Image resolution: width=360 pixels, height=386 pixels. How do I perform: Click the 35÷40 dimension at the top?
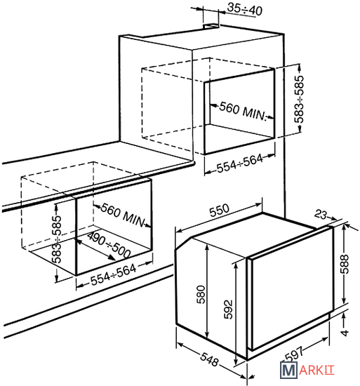point(245,9)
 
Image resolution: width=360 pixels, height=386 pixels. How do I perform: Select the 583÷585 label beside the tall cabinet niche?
point(300,99)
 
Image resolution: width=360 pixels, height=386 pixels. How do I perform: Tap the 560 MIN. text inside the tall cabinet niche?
point(243,112)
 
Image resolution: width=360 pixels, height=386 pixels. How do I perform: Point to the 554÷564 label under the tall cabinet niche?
point(240,164)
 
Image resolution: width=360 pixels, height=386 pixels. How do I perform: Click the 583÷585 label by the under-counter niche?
point(57,239)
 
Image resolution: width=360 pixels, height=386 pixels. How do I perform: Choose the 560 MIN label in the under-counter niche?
point(122,215)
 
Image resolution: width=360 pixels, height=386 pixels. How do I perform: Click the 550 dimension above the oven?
point(219,210)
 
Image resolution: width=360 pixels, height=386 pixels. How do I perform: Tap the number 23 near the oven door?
point(321,215)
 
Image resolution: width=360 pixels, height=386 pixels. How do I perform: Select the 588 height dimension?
point(345,264)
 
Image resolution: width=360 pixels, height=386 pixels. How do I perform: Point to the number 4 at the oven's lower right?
point(345,333)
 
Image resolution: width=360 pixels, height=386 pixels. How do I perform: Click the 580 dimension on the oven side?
point(201,295)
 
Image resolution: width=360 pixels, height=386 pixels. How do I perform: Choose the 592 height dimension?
point(228,310)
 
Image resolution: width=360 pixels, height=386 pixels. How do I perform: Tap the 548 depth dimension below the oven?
point(209,359)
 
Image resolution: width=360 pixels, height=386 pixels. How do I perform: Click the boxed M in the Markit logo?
point(288,370)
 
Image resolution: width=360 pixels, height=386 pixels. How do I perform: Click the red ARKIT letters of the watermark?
point(317,371)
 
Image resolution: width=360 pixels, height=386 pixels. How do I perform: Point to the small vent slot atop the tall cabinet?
point(211,26)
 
